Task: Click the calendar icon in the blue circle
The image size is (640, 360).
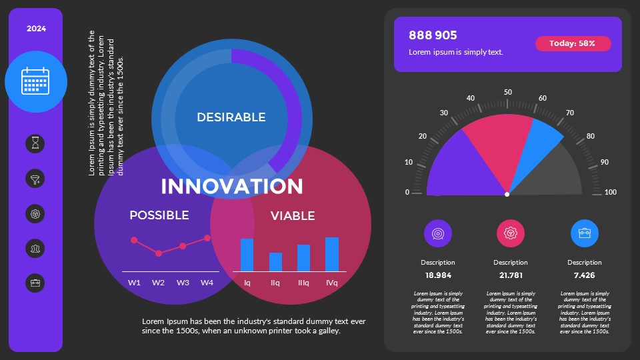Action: pos(36,81)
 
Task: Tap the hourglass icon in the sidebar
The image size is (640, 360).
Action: pos(36,143)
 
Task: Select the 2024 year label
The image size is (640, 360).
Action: pos(36,29)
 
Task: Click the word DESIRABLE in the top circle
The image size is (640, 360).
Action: pos(231,117)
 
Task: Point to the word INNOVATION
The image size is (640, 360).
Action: pos(232,186)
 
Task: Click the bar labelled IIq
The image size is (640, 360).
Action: pos(275,262)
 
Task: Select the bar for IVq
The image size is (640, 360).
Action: pos(331,254)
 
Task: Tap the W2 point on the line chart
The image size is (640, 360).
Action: pos(159,253)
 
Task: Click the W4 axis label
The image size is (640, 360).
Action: pos(207,283)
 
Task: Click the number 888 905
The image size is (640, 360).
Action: pos(433,35)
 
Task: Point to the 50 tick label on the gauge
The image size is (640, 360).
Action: pos(508,93)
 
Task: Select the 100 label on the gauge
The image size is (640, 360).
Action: pos(610,193)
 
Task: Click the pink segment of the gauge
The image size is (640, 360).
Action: pos(496,150)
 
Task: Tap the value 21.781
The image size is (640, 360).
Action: pos(511,275)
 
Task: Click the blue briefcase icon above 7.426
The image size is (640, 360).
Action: pos(585,233)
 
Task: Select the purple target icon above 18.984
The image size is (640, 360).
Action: pos(438,233)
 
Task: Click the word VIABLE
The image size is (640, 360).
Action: pos(293,216)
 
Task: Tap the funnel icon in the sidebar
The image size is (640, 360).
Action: pos(36,179)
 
